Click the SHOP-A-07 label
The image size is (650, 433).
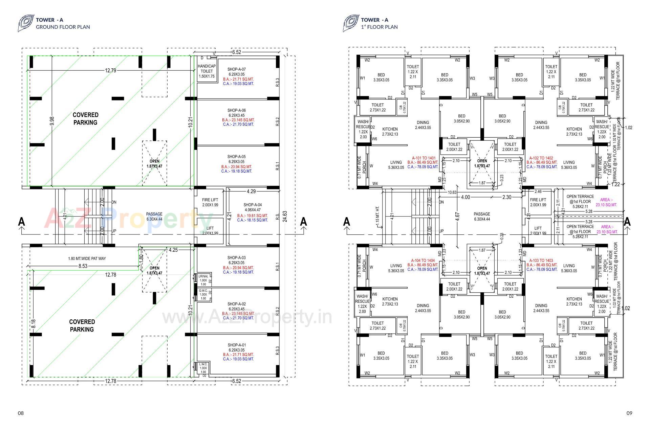click(x=236, y=69)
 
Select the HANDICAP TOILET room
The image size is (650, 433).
click(x=207, y=71)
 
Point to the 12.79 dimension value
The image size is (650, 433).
click(x=110, y=71)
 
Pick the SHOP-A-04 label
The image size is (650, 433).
click(x=252, y=205)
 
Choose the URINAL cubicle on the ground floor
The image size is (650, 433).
click(x=203, y=280)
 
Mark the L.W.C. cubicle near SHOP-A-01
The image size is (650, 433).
click(x=203, y=368)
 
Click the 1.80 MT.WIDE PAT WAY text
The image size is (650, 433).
click(x=87, y=259)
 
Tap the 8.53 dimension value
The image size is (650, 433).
click(x=83, y=266)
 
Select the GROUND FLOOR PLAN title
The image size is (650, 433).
click(x=63, y=27)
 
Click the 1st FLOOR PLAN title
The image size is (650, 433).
click(x=379, y=27)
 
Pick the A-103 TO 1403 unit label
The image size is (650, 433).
click(x=541, y=261)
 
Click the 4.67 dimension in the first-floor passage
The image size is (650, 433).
click(x=457, y=216)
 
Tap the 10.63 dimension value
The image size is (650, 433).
click(x=452, y=192)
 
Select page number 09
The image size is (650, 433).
click(x=629, y=413)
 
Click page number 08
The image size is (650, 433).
click(x=21, y=413)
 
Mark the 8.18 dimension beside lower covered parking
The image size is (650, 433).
click(x=33, y=324)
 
